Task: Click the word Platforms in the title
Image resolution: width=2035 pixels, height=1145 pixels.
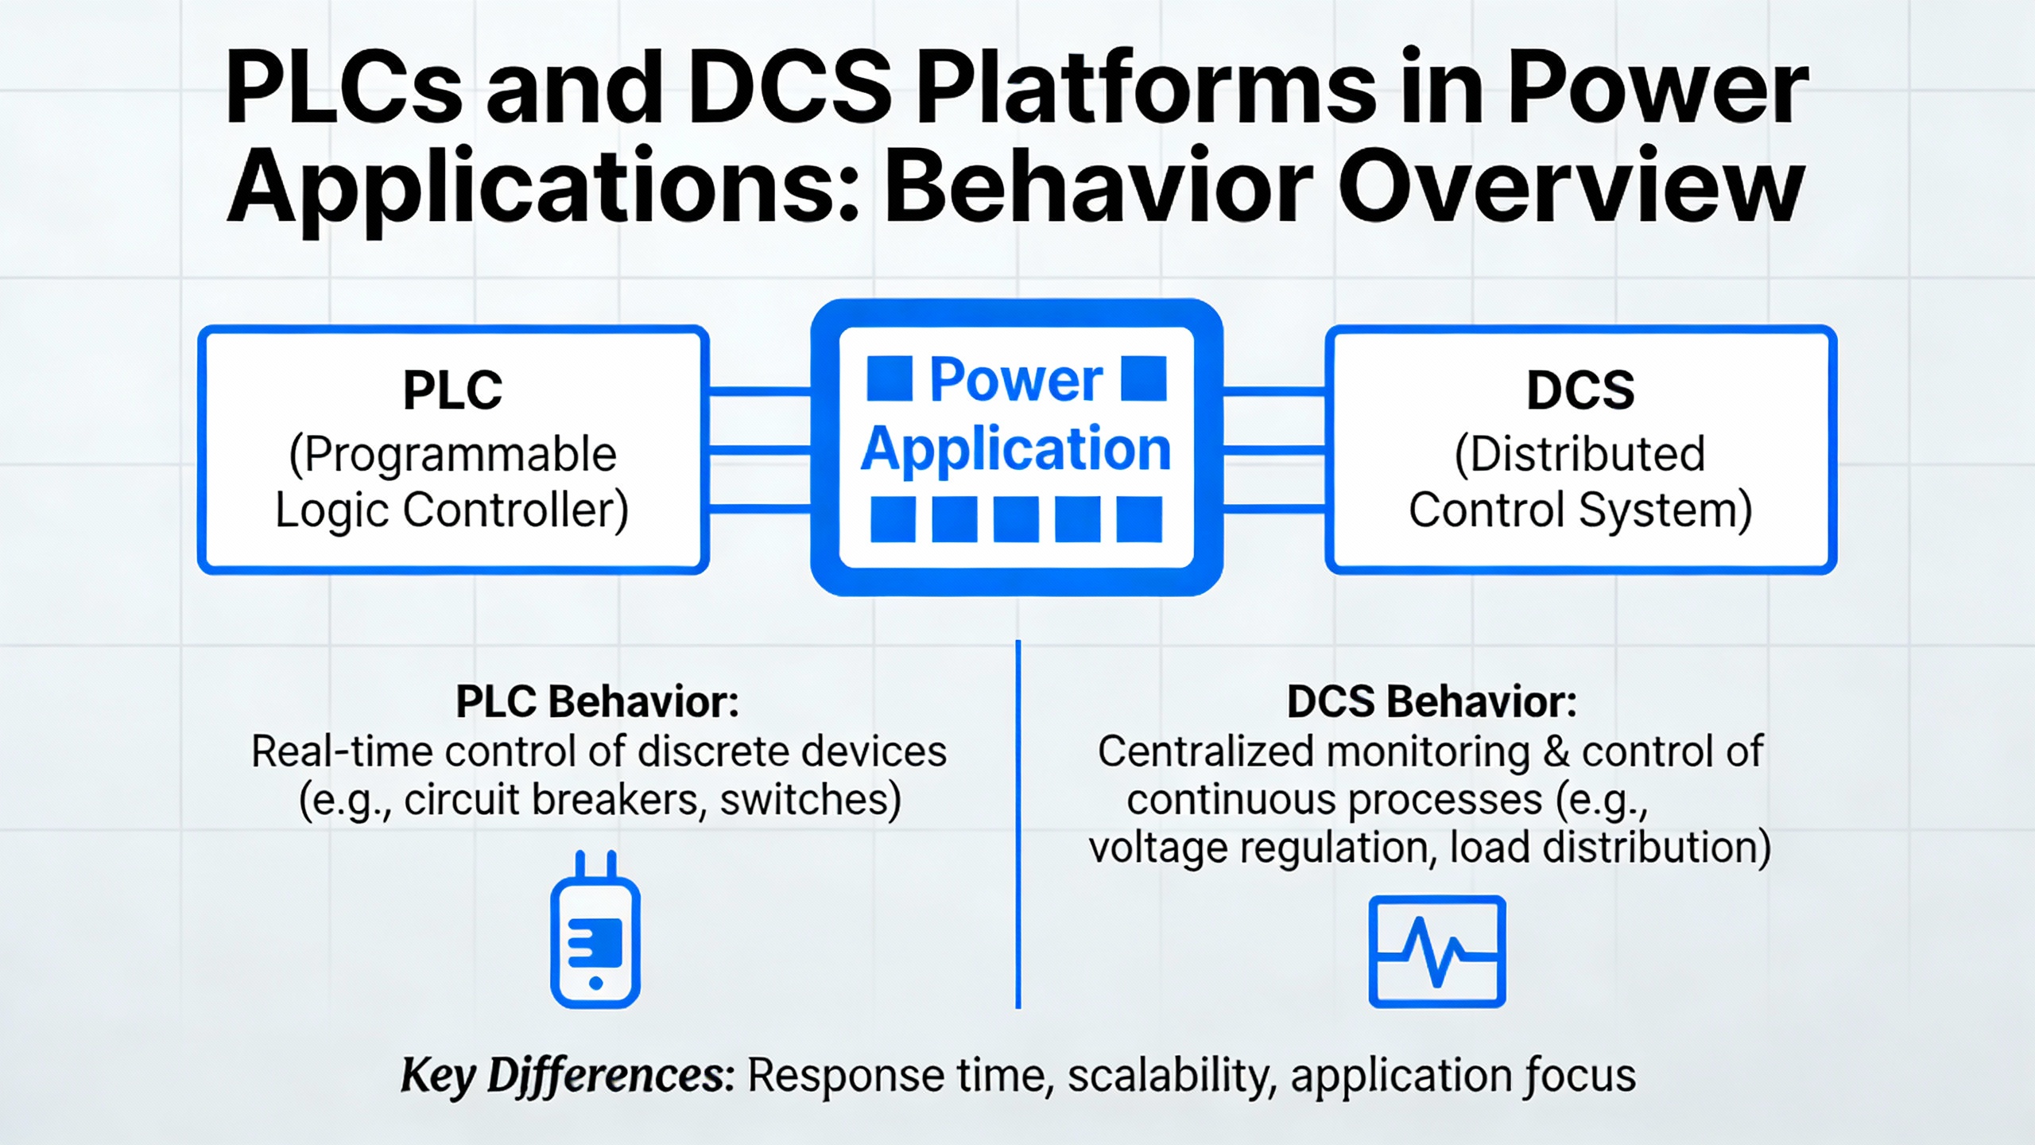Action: click(1147, 87)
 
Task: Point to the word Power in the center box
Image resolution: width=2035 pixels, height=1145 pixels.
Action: click(1016, 379)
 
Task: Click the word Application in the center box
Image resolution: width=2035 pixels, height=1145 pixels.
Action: click(1016, 449)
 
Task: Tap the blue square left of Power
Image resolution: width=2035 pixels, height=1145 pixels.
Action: click(890, 378)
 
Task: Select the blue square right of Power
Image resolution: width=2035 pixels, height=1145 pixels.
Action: click(1143, 378)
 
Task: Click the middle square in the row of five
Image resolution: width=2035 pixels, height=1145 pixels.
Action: click(1016, 519)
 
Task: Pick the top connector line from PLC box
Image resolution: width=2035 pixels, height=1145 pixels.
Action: click(759, 391)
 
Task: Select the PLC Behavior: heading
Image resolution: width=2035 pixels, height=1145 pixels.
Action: click(597, 702)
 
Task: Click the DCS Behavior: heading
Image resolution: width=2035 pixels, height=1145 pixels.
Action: click(1432, 702)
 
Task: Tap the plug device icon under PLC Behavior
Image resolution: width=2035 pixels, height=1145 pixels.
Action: click(595, 930)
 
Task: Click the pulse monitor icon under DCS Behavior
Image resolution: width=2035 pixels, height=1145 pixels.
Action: click(1437, 952)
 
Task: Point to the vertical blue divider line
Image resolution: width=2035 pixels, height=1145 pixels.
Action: click(1018, 825)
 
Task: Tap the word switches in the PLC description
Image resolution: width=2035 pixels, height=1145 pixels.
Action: click(810, 800)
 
